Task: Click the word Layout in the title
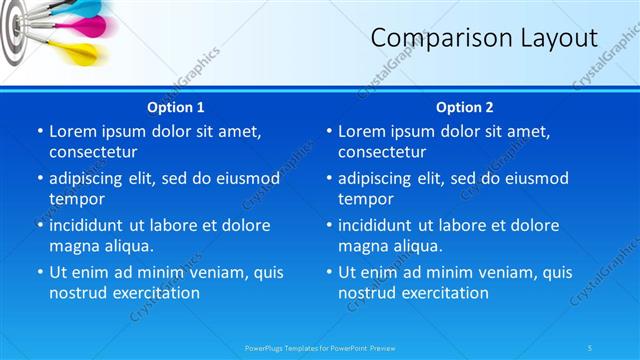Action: [x=556, y=38]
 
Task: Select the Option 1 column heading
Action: [x=176, y=107]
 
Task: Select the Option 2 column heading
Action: [x=465, y=107]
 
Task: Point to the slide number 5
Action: [x=591, y=347]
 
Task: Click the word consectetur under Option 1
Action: [x=93, y=152]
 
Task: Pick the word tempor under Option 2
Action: [x=366, y=199]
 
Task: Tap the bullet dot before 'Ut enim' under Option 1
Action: [x=39, y=272]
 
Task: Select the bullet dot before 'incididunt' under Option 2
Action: [x=329, y=225]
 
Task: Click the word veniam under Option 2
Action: [x=480, y=272]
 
